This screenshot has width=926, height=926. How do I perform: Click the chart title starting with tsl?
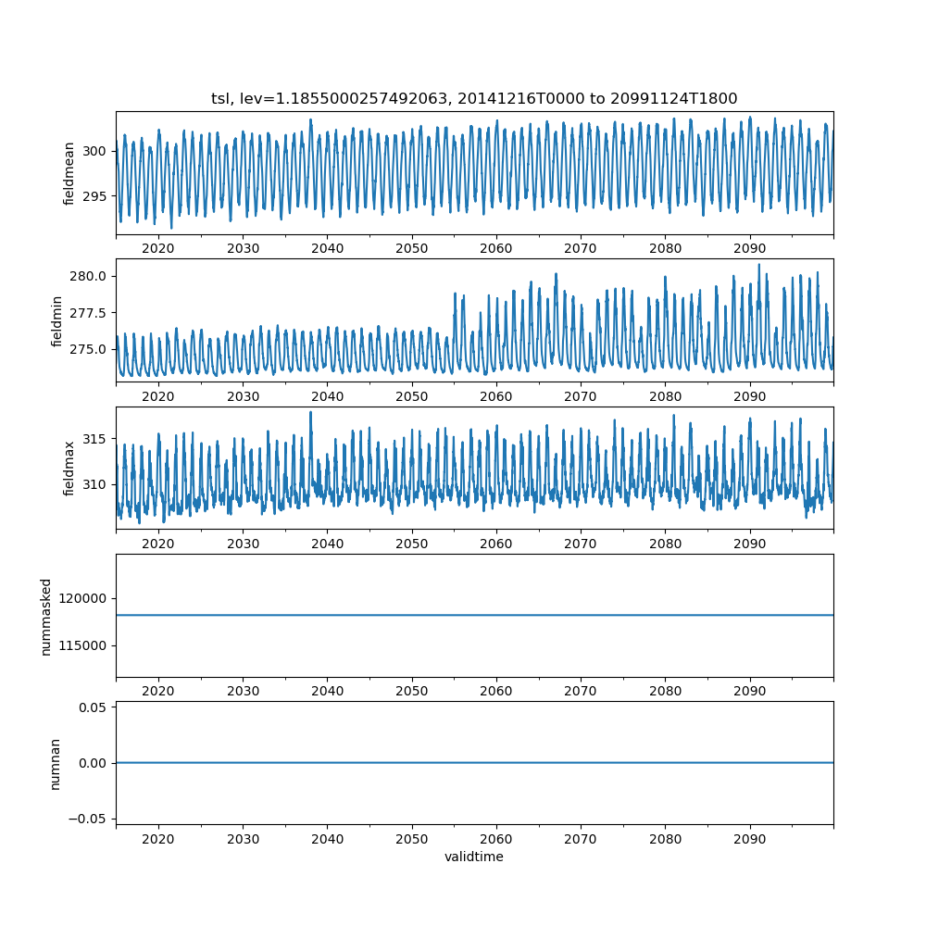click(474, 98)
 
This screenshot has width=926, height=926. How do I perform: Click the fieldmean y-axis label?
click(69, 174)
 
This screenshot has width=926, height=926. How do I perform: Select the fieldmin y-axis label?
click(56, 321)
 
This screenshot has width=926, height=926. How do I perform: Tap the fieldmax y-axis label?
click(69, 469)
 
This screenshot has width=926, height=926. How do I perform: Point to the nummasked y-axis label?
click(46, 617)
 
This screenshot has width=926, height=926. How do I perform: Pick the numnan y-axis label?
click(55, 764)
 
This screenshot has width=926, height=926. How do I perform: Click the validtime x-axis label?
click(474, 857)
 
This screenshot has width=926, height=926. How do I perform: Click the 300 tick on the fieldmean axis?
click(94, 151)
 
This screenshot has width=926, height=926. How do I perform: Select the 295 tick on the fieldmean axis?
click(94, 196)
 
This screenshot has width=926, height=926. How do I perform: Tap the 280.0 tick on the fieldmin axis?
click(88, 276)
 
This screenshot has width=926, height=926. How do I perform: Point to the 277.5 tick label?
click(88, 313)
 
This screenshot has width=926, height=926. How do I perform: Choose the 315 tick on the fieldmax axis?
click(94, 439)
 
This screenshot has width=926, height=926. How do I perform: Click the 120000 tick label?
click(82, 598)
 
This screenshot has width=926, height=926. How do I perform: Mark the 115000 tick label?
click(82, 645)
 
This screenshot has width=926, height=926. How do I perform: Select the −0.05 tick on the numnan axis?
click(88, 819)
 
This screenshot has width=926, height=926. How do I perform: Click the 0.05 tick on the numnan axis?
click(94, 707)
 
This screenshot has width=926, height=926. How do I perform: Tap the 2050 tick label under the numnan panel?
click(412, 839)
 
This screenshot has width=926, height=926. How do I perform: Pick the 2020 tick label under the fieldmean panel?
click(158, 248)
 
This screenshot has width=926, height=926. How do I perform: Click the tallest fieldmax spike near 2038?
click(310, 412)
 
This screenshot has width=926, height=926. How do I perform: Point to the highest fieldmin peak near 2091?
click(759, 265)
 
